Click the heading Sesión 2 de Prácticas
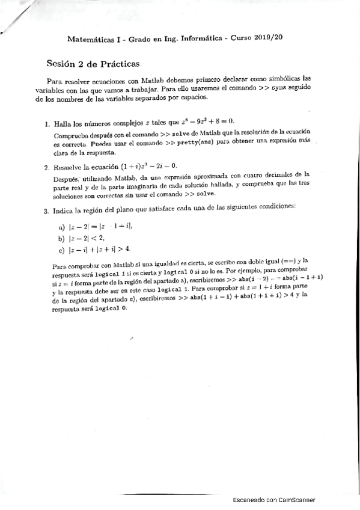(93, 63)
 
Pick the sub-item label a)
(61, 227)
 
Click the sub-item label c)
(61, 249)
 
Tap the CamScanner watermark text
(273, 500)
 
